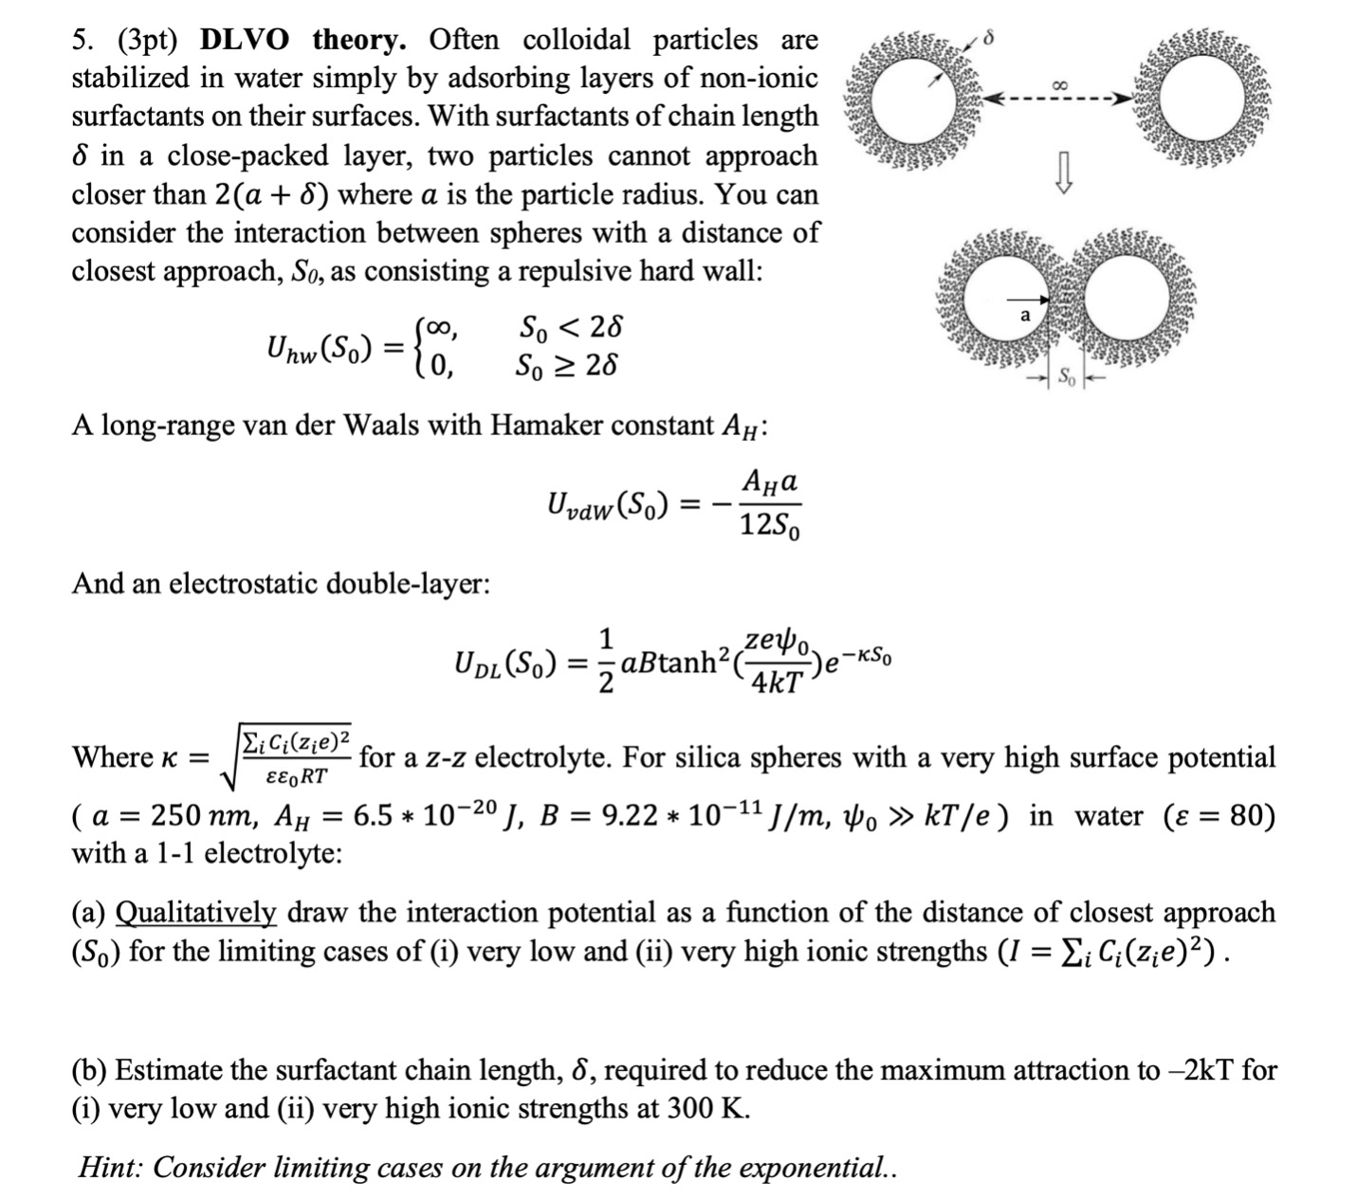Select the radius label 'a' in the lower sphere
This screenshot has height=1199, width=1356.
click(x=1025, y=315)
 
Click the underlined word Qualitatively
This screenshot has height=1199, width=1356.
click(x=195, y=913)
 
